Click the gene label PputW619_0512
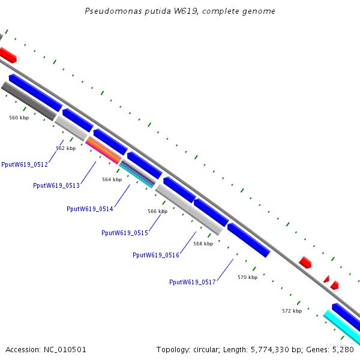pos(25,164)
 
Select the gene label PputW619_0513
pos(56,185)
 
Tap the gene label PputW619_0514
pos(90,209)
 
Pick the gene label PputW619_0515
pos(125,233)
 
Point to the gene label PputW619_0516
pos(156,255)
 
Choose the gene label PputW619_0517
pos(193,282)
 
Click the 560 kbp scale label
pos(19,118)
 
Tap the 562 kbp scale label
pos(66,148)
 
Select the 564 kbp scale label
pos(112,179)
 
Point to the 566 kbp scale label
pos(157,211)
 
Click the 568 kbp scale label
pos(203,244)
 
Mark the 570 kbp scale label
pos(247,277)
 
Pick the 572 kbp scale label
pos(292,311)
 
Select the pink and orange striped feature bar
pos(103,151)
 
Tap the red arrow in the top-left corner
pos(8,55)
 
